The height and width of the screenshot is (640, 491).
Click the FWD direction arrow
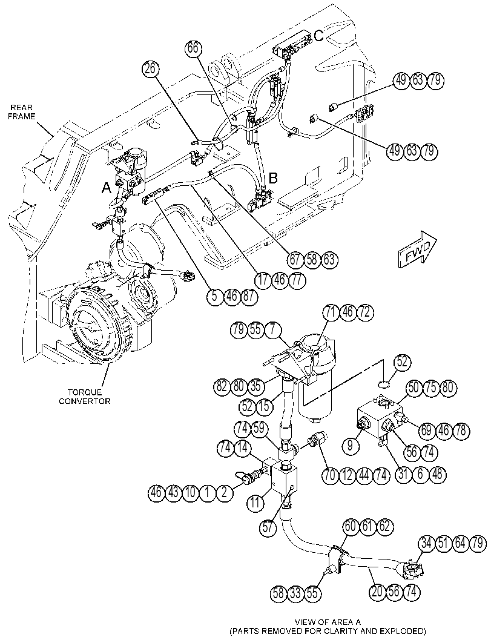coord(417,249)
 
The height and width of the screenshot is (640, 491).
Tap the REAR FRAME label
coord(23,112)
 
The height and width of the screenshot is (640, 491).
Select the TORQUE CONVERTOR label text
coord(85,397)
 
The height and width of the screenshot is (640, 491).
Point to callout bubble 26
coord(151,69)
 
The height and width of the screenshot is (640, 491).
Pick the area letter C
coord(319,36)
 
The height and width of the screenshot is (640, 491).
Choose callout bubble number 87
coord(249,297)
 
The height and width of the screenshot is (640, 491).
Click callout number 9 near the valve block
coord(350,445)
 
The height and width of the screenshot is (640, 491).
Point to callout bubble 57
coord(268,528)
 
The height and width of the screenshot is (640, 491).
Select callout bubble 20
coord(378,592)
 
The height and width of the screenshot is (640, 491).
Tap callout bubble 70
coord(330,475)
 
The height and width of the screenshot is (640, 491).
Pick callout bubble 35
coord(255,386)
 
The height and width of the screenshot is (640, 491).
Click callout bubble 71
coord(331,312)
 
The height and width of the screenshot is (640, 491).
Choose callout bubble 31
coord(404,474)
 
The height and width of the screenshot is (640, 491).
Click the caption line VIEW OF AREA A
coord(328,622)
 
